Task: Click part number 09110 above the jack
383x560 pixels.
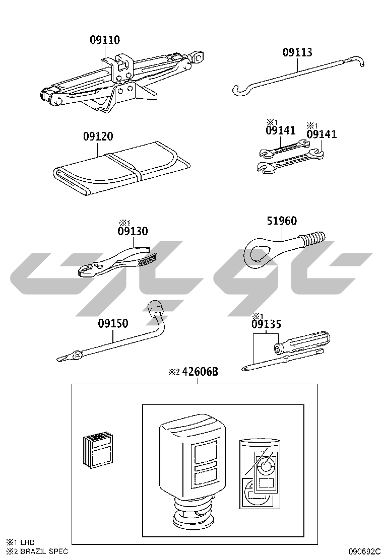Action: [105, 40]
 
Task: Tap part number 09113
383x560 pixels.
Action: [297, 52]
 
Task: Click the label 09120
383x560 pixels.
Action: [98, 136]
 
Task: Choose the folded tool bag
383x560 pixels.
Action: [121, 167]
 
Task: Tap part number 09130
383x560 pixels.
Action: [133, 231]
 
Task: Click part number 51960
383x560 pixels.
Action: [282, 221]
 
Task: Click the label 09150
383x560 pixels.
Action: [113, 324]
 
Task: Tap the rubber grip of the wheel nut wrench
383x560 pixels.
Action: [155, 308]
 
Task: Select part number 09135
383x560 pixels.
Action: [266, 324]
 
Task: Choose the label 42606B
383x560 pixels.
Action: [200, 372]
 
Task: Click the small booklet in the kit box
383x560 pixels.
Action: [98, 450]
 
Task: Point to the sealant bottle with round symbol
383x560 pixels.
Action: [260, 473]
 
